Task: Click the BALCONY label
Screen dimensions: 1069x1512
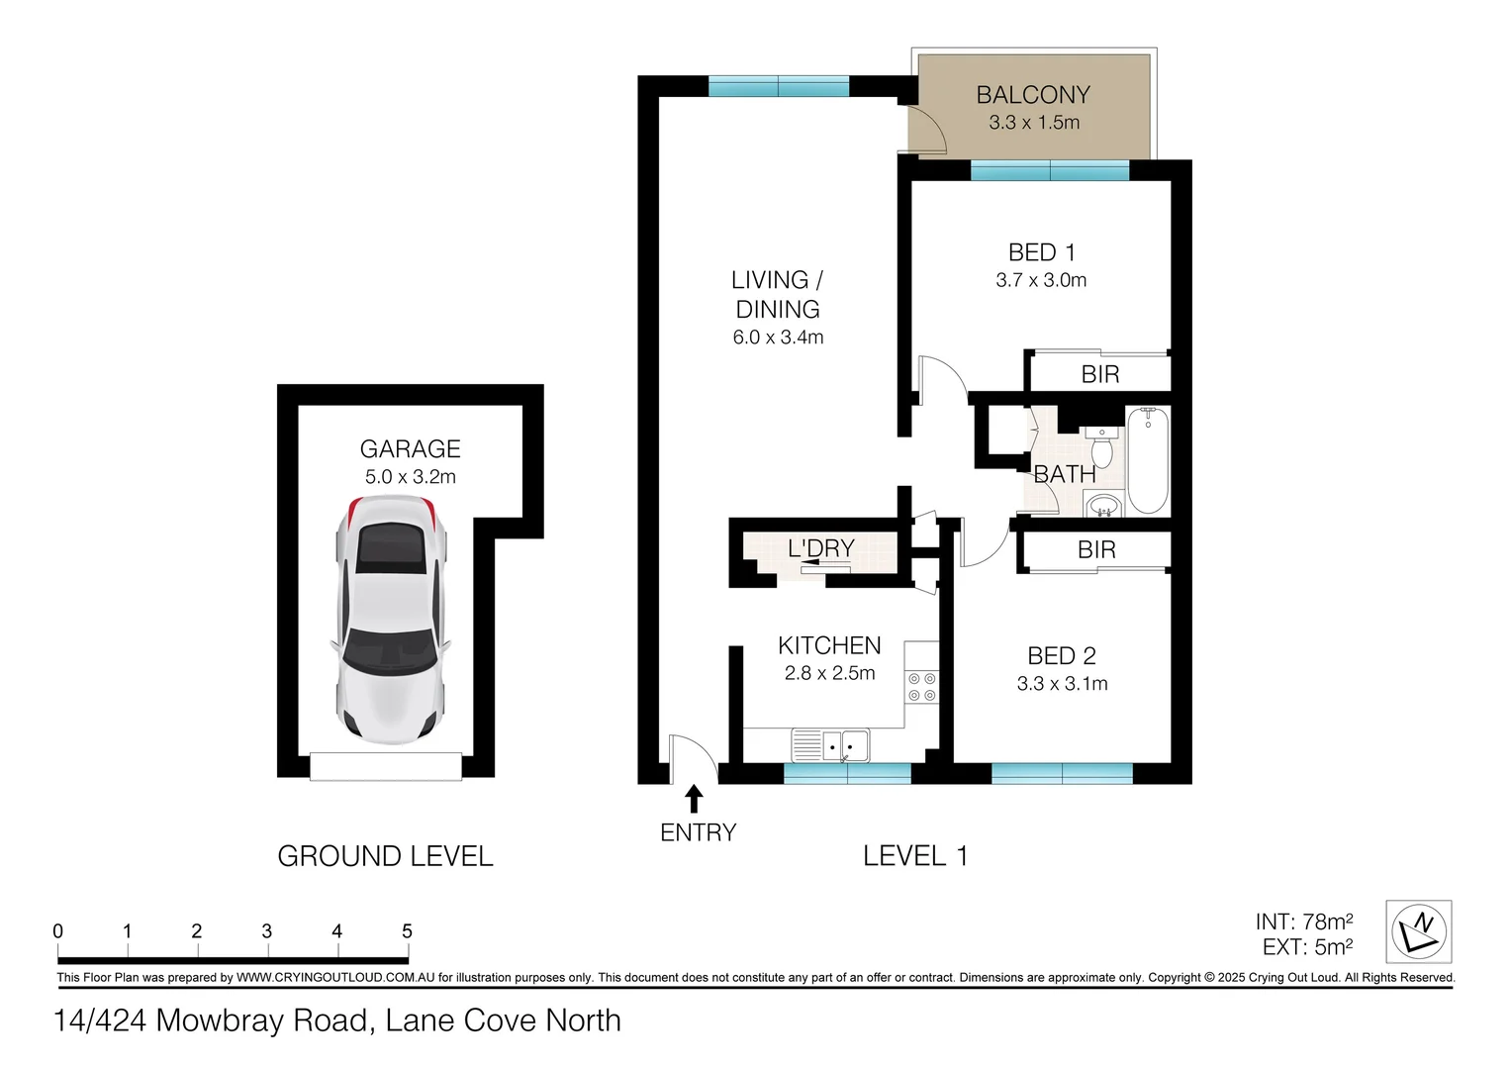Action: click(1033, 95)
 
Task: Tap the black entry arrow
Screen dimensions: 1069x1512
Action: click(694, 798)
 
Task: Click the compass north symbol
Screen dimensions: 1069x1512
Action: click(1418, 931)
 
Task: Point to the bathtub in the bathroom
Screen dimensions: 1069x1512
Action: click(1148, 461)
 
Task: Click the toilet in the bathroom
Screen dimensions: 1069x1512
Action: click(1101, 447)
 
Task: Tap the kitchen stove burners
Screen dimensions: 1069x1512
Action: click(921, 687)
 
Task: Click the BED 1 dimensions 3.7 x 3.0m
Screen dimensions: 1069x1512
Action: click(1041, 281)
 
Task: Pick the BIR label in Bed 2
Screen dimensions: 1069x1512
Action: click(1096, 550)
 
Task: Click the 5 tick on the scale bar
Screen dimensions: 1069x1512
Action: click(407, 932)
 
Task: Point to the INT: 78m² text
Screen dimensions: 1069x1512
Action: click(1303, 923)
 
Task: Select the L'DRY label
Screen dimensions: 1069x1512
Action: click(820, 548)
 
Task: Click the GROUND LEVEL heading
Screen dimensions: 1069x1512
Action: click(385, 856)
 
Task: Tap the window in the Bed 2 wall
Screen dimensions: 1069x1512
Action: click(1062, 773)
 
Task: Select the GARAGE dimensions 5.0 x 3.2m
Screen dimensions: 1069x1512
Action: click(410, 477)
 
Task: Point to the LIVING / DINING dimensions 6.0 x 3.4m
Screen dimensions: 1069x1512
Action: click(778, 338)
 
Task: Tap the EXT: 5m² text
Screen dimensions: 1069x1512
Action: click(1307, 947)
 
